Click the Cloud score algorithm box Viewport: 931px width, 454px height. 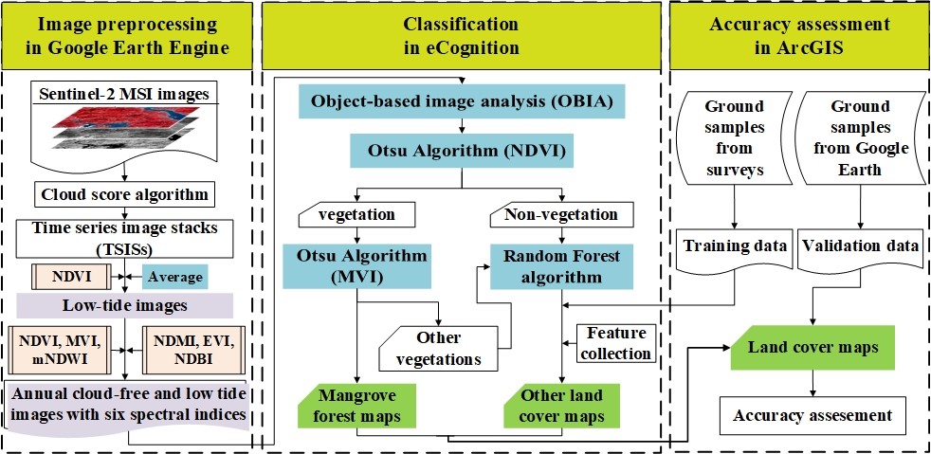point(125,195)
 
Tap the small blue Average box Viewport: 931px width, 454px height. point(173,277)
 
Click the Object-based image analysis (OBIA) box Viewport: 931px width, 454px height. point(462,101)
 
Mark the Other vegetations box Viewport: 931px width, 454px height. point(439,348)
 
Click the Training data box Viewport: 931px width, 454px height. point(736,246)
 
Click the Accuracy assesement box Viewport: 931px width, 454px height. point(812,414)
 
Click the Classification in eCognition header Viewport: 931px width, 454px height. point(462,36)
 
